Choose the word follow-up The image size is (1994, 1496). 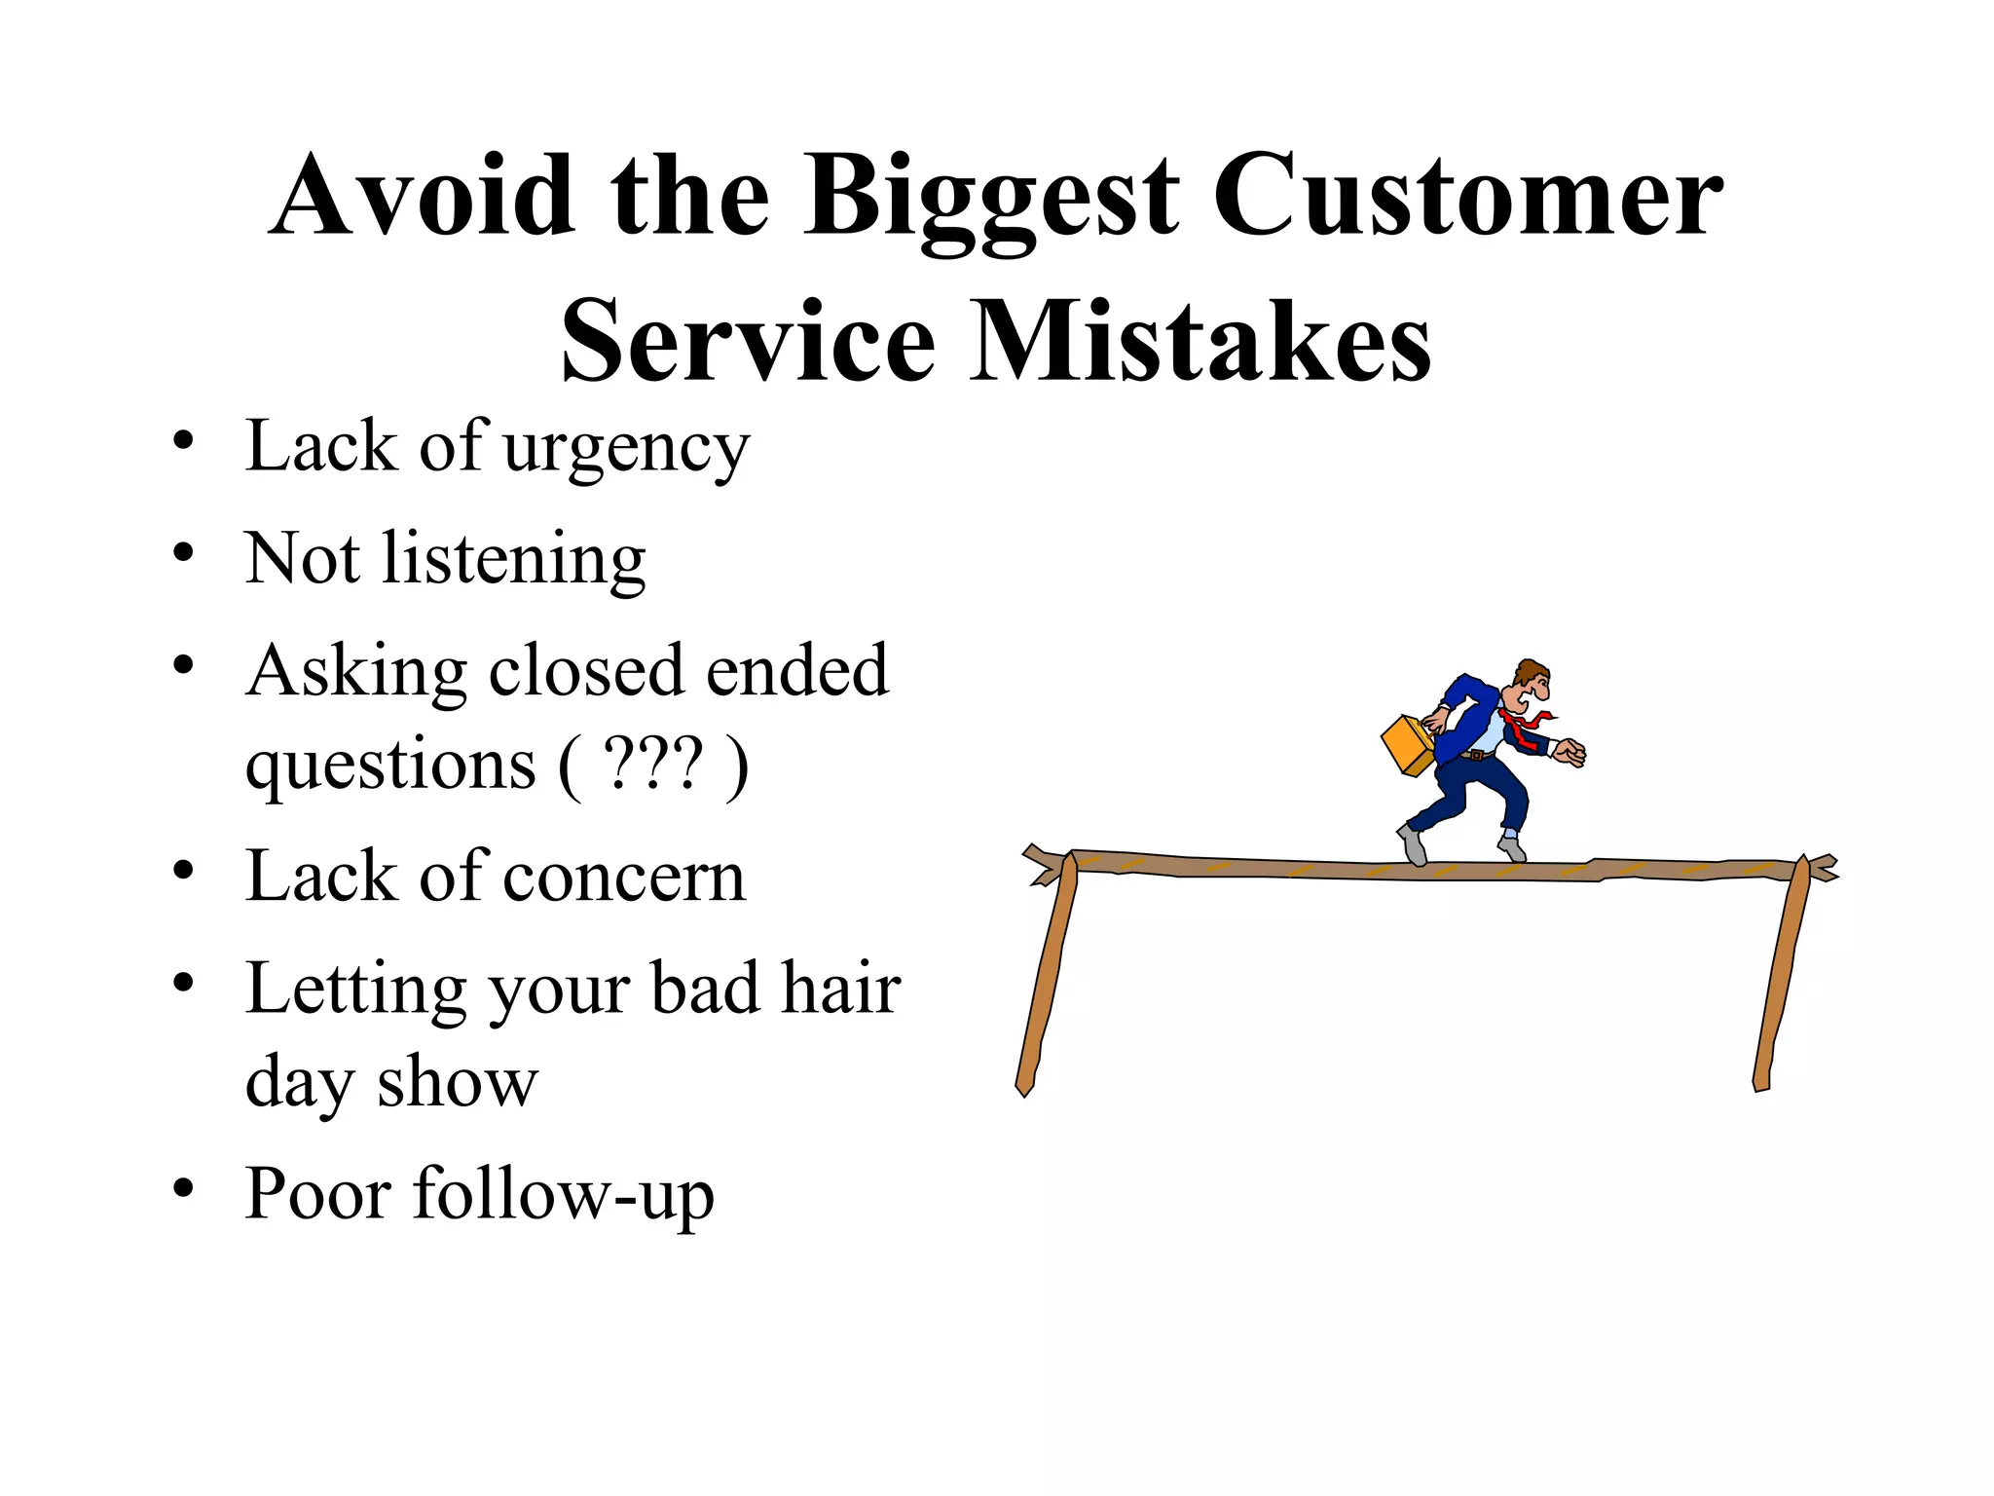tap(564, 1194)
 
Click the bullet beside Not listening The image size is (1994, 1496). tap(183, 553)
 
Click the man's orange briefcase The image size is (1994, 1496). tap(1408, 746)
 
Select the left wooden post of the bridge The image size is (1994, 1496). tap(1047, 974)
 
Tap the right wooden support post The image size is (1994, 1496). tap(1783, 974)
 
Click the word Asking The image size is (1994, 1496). tap(356, 672)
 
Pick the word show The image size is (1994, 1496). tap(457, 1081)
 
